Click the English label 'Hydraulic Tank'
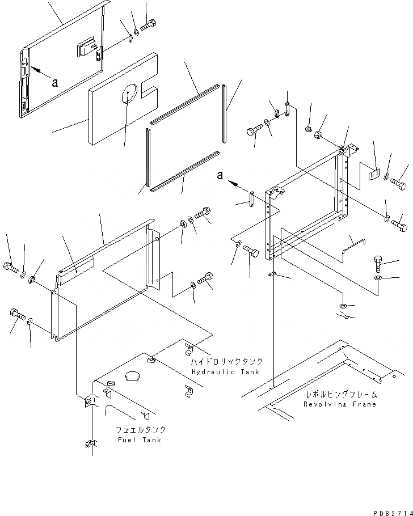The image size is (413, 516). (225, 372)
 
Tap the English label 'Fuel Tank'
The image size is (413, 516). (138, 440)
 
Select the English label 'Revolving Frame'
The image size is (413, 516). (339, 404)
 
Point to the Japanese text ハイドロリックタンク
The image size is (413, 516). (226, 361)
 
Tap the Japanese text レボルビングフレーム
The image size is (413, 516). (341, 394)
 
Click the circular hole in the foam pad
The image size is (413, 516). (130, 94)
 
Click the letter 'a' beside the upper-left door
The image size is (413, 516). (55, 82)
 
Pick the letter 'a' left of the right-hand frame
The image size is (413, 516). (220, 176)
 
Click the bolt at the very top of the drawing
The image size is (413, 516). (148, 26)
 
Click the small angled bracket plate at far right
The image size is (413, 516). (372, 174)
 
